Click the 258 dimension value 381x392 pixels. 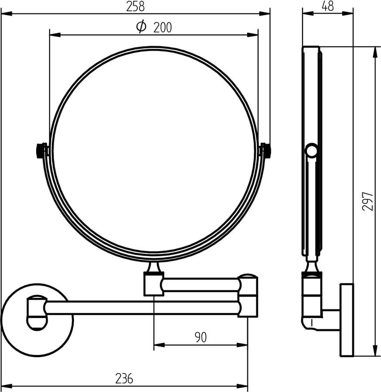point(135,7)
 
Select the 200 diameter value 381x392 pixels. point(162,28)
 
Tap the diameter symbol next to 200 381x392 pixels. point(141,27)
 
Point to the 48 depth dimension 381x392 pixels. point(328,7)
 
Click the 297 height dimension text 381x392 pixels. point(367,201)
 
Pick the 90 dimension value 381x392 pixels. point(201,337)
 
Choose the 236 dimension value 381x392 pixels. point(124,378)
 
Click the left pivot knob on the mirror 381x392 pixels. point(41,151)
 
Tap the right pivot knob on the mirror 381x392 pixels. point(265,151)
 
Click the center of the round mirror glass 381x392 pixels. point(153,152)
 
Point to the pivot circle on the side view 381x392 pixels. point(311,151)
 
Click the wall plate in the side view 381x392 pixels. point(347,320)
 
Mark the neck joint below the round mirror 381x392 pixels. point(153,267)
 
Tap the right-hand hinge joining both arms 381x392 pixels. point(248,295)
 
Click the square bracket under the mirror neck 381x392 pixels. point(153,284)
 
